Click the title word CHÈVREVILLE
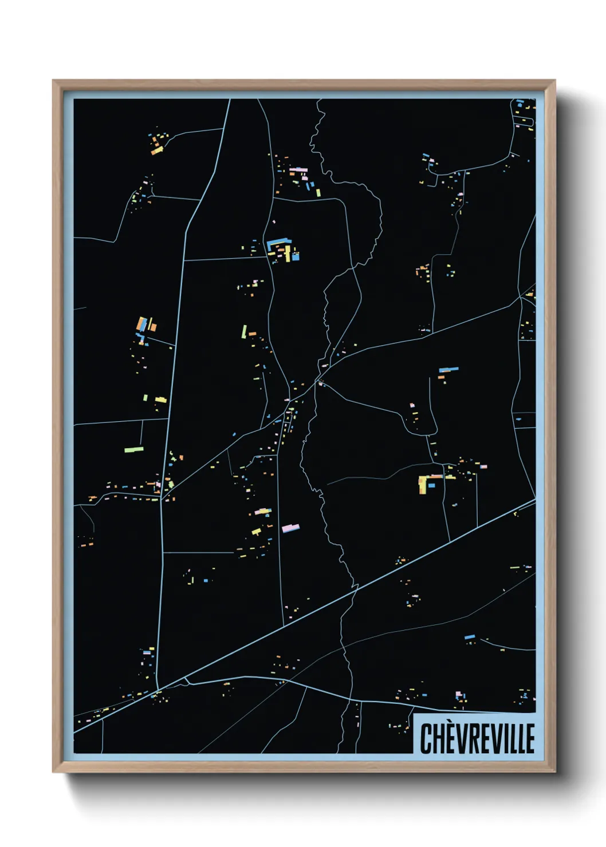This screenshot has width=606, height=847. [477, 738]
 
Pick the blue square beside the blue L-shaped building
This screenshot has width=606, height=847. [296, 257]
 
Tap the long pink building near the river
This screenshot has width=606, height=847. [290, 528]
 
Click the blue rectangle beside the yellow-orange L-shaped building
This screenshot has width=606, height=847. [432, 485]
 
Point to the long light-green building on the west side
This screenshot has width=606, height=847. [133, 450]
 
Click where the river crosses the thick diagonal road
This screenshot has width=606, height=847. [356, 587]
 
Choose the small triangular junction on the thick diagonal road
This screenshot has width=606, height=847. [186, 681]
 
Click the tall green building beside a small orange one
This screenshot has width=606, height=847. [244, 332]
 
